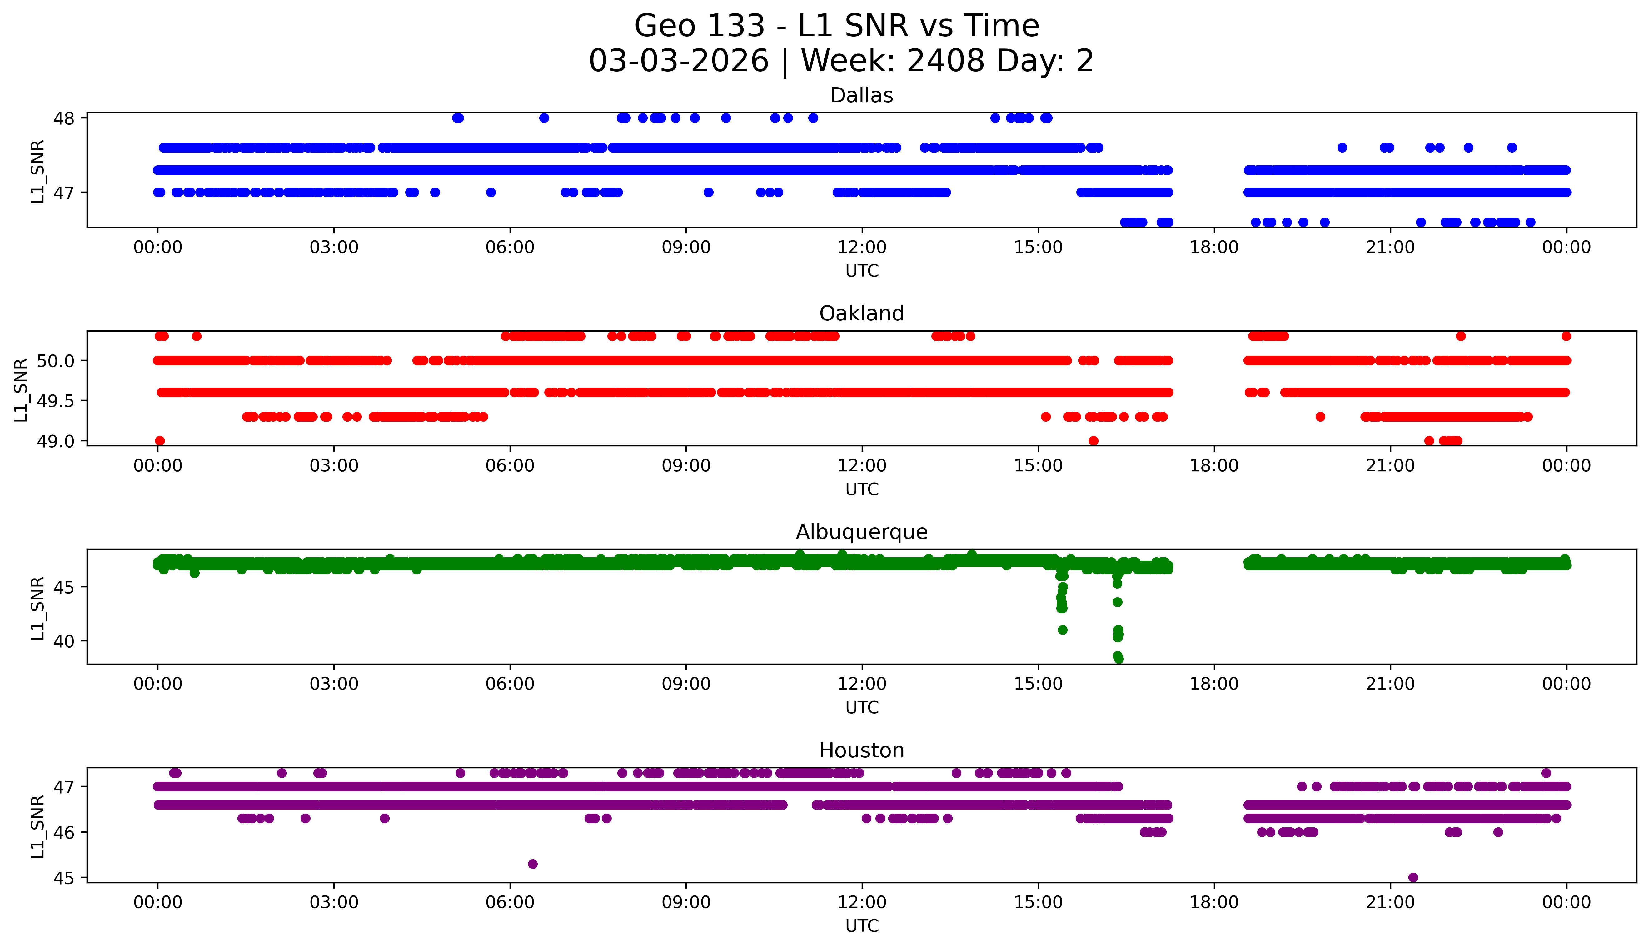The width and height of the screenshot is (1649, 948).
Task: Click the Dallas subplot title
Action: (x=862, y=96)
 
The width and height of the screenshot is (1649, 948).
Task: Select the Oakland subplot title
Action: (x=862, y=314)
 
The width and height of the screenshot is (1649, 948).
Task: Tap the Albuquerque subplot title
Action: (x=862, y=532)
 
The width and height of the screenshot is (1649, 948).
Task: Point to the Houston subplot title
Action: (x=862, y=751)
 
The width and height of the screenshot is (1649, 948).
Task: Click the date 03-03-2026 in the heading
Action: (x=679, y=61)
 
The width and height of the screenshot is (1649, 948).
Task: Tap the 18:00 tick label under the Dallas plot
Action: (x=1214, y=248)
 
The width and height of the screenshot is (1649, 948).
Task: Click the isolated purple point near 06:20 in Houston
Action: (x=532, y=864)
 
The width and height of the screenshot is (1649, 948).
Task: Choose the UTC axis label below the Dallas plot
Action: (x=862, y=271)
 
